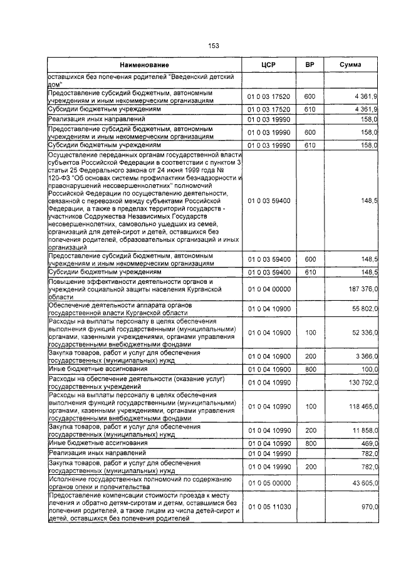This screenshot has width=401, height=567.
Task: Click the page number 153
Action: [x=213, y=45]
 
